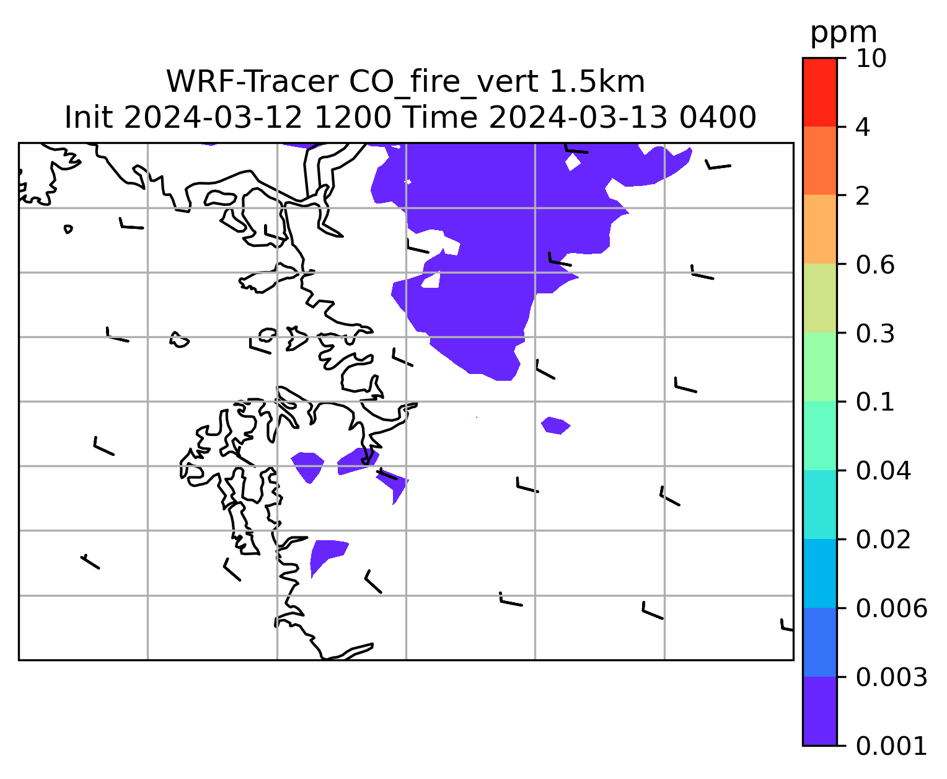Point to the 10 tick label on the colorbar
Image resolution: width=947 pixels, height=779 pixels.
tap(871, 58)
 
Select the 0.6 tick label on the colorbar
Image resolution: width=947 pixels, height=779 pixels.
tap(875, 265)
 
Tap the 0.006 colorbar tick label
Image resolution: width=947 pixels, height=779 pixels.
tap(892, 608)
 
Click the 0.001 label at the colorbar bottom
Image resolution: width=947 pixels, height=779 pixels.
tap(892, 746)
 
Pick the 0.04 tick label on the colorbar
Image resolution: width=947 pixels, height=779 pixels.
tap(883, 471)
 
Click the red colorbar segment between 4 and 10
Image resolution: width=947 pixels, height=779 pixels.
tap(820, 92)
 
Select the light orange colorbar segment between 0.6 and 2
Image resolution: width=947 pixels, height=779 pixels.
tap(820, 229)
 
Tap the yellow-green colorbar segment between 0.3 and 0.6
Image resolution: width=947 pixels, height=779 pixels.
tap(820, 298)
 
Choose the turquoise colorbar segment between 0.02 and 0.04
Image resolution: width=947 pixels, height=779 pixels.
tap(820, 504)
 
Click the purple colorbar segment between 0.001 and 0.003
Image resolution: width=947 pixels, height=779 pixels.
tap(820, 711)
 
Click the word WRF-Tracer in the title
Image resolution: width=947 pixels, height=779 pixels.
tap(252, 82)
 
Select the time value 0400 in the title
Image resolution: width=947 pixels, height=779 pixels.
tap(718, 118)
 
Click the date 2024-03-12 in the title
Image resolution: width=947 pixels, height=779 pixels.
tap(213, 118)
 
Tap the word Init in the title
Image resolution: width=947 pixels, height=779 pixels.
tap(89, 118)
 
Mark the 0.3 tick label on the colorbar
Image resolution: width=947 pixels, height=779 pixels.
tap(875, 334)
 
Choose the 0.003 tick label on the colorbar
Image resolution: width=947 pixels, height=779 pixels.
tap(892, 677)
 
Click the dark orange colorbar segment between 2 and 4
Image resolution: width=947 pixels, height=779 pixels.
tap(820, 161)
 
